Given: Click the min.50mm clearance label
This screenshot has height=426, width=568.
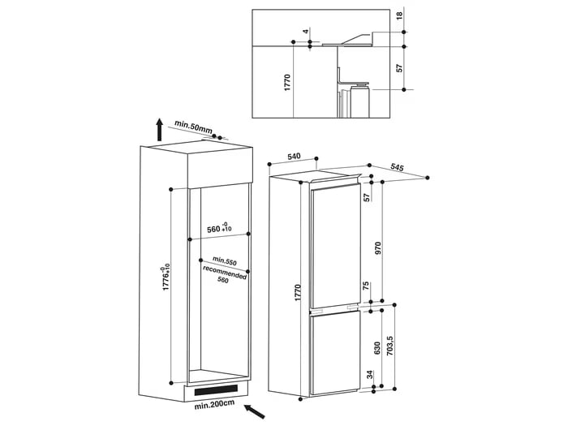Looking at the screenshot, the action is (x=193, y=126).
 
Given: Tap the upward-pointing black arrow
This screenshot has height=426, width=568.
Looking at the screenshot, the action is (x=159, y=129).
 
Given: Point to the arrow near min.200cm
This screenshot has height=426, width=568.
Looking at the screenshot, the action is (x=255, y=412).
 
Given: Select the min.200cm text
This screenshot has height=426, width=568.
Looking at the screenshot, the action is (x=214, y=405).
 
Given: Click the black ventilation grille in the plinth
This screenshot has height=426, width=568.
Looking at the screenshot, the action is (x=217, y=389).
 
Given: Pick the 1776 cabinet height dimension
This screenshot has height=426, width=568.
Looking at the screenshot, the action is (x=166, y=278).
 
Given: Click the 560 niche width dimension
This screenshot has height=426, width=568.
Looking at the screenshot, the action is (x=219, y=228).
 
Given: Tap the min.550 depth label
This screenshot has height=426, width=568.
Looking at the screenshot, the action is (x=225, y=260).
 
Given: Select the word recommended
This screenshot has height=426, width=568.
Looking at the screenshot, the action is (x=225, y=272).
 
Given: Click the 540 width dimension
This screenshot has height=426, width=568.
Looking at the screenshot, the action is (x=294, y=156).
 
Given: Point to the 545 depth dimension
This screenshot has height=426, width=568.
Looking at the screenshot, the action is (x=397, y=167).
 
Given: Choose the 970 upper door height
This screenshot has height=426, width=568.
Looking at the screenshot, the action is (x=378, y=248).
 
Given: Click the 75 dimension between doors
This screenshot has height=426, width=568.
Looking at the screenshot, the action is (x=366, y=286).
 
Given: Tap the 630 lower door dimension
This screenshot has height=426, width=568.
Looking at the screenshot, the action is (x=377, y=347).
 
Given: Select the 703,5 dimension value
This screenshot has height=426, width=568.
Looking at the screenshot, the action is (x=389, y=345).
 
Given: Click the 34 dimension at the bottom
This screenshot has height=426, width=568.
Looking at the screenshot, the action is (x=369, y=375).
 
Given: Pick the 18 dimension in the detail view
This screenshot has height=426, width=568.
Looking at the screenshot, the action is (x=399, y=16).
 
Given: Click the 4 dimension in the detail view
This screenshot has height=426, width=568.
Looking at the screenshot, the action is (x=306, y=32).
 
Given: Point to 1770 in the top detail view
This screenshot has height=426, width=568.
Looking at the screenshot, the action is (x=287, y=82).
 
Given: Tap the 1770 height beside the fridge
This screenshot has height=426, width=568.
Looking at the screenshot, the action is (x=298, y=293).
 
